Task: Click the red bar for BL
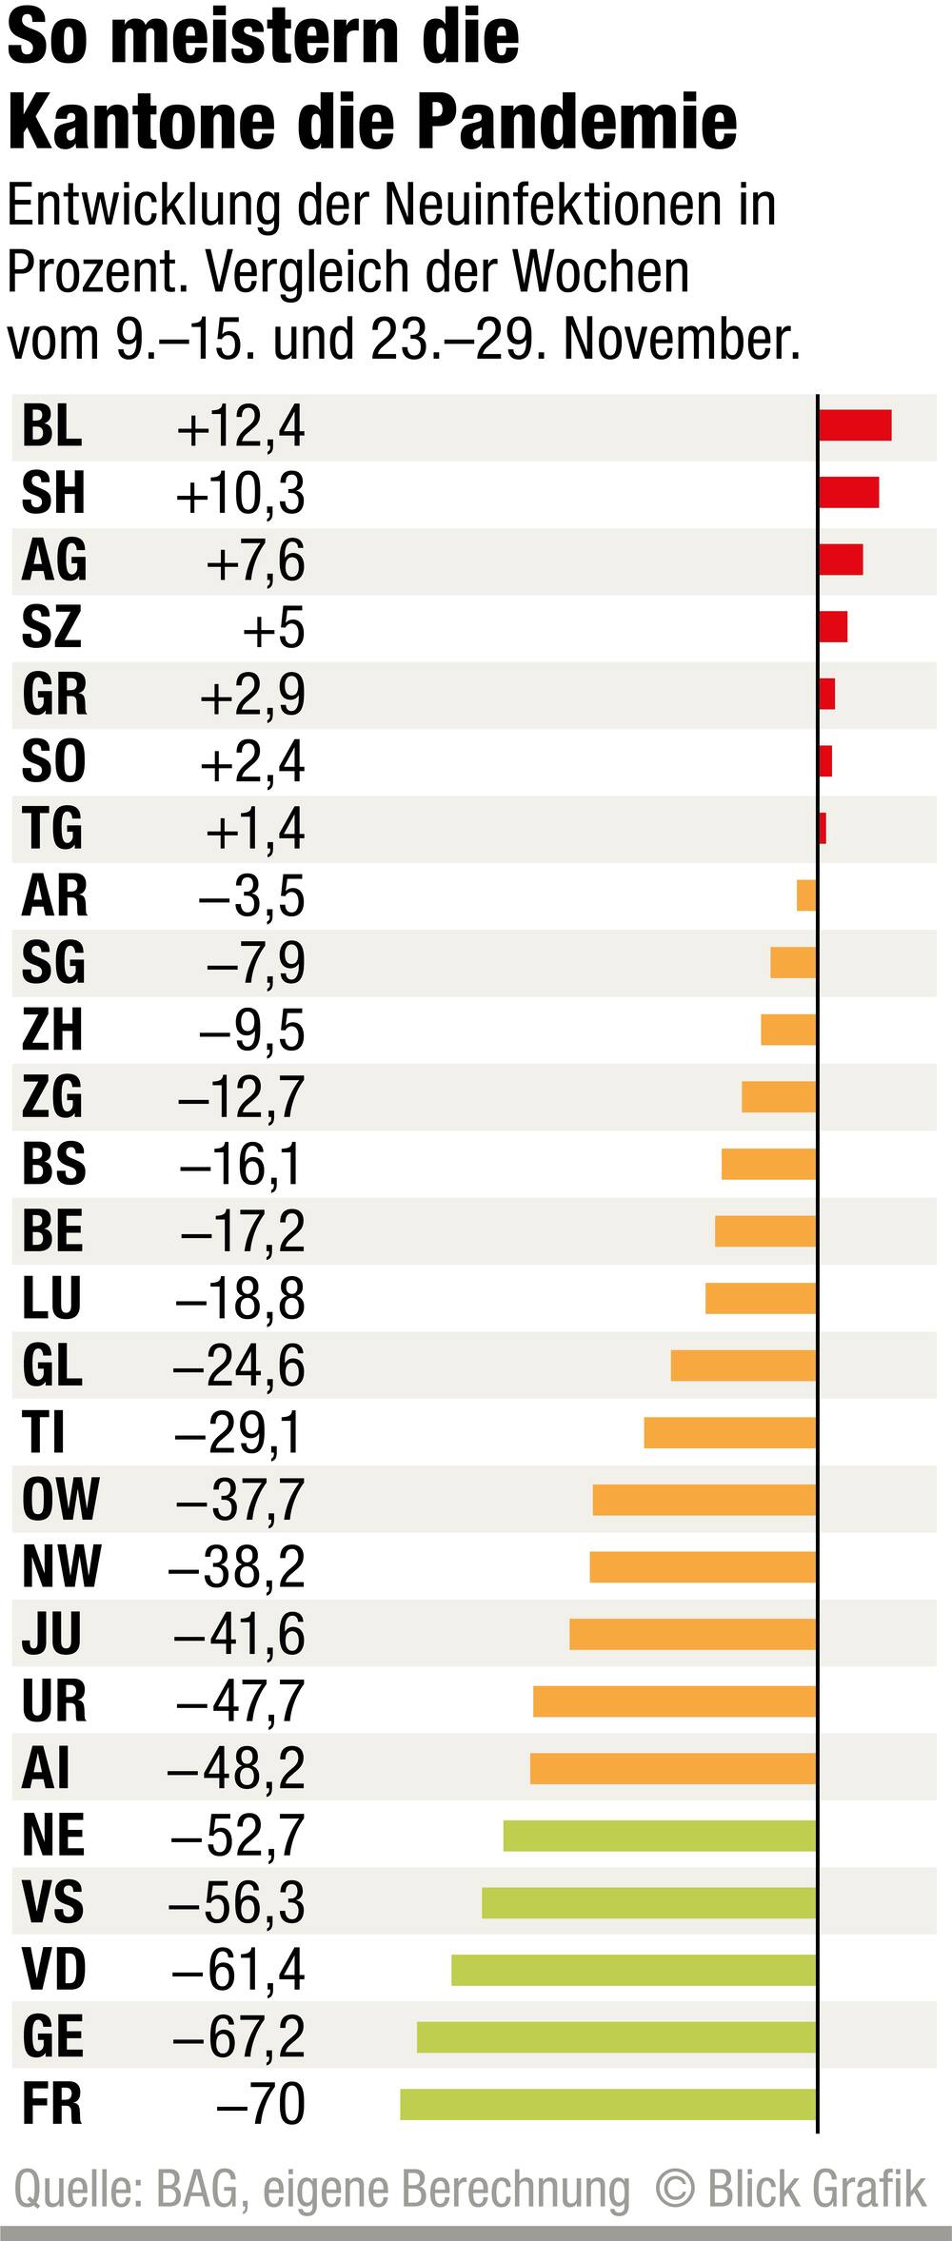(855, 425)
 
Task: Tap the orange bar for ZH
(788, 1030)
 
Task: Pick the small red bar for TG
(823, 828)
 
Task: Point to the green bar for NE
(660, 1836)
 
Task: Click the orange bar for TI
(730, 1433)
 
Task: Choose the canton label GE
(53, 2037)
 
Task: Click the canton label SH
(53, 493)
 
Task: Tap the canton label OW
(60, 1500)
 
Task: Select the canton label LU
(52, 1299)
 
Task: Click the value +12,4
(241, 426)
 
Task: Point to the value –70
(260, 2105)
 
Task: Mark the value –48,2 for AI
(236, 1769)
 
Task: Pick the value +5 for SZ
(273, 628)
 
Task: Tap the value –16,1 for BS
(241, 1165)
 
